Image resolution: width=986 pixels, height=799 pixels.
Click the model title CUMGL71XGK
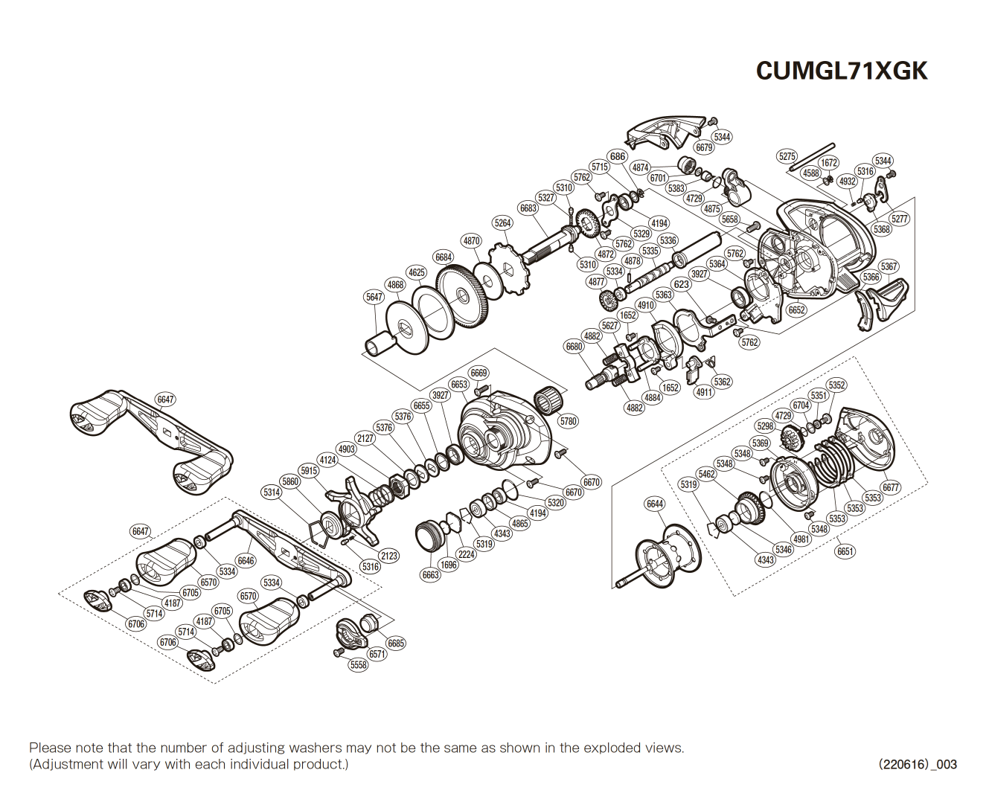(842, 71)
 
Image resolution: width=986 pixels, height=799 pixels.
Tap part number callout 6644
(655, 504)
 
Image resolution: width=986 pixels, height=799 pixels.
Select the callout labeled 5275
(787, 156)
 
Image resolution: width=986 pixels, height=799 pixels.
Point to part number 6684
(444, 257)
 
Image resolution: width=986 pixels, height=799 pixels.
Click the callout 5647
(374, 297)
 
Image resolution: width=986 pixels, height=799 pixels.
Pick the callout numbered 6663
(431, 574)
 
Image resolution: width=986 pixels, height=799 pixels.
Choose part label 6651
(845, 551)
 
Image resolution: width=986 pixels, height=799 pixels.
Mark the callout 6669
(478, 373)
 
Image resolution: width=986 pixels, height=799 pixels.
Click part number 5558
(359, 664)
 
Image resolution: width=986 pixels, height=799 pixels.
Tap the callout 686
(618, 156)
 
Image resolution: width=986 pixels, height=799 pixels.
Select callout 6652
(797, 310)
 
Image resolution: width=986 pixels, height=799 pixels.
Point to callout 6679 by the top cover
(704, 147)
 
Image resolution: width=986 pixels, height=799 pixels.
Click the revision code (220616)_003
(918, 764)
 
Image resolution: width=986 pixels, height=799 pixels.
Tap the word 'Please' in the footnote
(51, 748)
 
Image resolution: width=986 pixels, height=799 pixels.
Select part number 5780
(569, 421)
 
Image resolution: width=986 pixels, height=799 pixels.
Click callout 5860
(290, 481)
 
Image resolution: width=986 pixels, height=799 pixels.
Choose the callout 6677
(891, 487)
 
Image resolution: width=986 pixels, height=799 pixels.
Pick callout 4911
(704, 392)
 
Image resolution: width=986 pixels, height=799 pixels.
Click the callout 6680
(574, 347)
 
